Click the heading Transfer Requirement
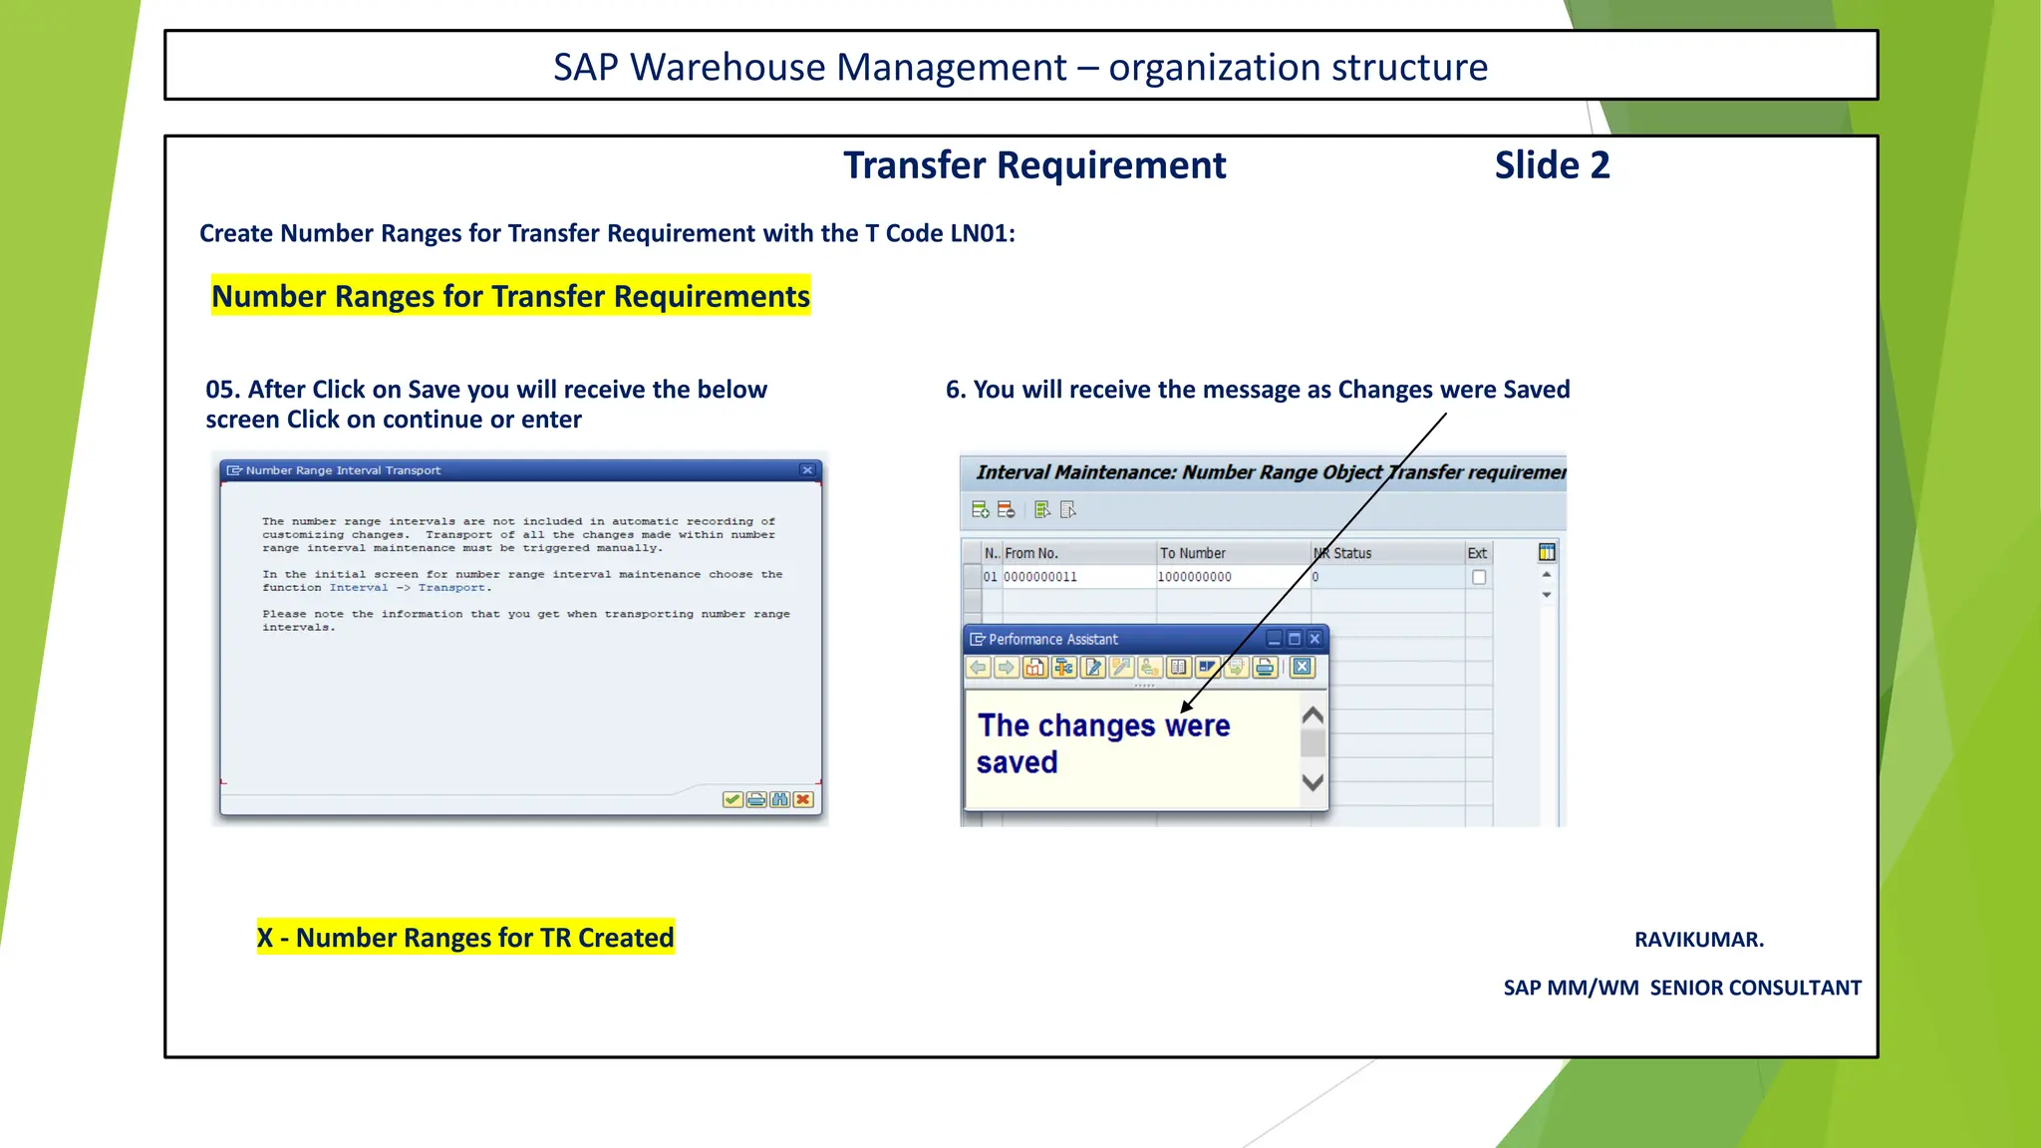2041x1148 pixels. pos(1034,165)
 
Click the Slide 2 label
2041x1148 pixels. pos(1552,165)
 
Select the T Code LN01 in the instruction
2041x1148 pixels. pos(982,233)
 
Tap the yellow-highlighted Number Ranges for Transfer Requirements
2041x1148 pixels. pos(510,296)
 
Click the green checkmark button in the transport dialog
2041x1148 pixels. pos(732,799)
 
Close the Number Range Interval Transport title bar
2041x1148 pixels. pos(807,470)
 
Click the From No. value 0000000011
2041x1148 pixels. pos(1040,577)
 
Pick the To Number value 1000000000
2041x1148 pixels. pos(1195,577)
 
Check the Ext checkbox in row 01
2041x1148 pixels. pos(1479,577)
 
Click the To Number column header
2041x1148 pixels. pos(1193,553)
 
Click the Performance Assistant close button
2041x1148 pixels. pos(1314,639)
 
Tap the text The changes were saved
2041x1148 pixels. pos(1103,743)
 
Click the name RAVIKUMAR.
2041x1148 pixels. pos(1698,940)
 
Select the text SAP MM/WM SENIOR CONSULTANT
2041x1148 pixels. pos(1682,988)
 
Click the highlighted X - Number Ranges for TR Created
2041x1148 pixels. pos(465,938)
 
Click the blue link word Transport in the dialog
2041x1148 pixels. pos(452,588)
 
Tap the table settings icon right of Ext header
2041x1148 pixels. pos(1547,552)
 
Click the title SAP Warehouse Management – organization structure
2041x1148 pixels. pos(1020,67)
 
